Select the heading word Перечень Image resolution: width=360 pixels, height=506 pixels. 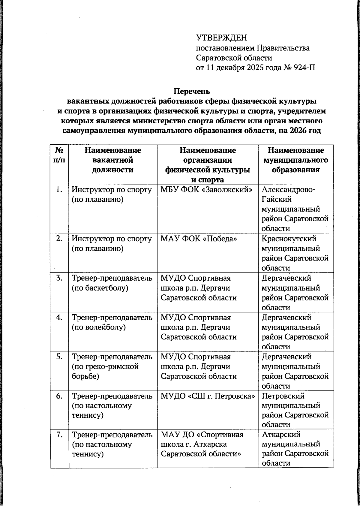tap(192, 91)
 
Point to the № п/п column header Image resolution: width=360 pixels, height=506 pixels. tap(59, 155)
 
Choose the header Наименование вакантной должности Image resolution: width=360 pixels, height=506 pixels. tap(112, 160)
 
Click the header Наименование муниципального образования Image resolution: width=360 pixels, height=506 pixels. tap(295, 160)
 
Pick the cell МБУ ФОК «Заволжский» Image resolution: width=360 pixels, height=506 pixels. tap(207, 190)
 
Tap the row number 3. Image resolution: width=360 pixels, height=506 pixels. tap(59, 278)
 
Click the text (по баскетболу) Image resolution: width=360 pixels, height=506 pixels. tap(100, 288)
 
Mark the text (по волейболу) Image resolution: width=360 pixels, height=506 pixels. tap(98, 327)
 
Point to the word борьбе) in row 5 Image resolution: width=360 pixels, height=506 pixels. tap(85, 376)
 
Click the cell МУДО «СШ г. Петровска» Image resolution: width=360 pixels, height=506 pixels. tap(208, 396)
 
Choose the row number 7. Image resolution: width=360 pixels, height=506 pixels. tap(59, 435)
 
